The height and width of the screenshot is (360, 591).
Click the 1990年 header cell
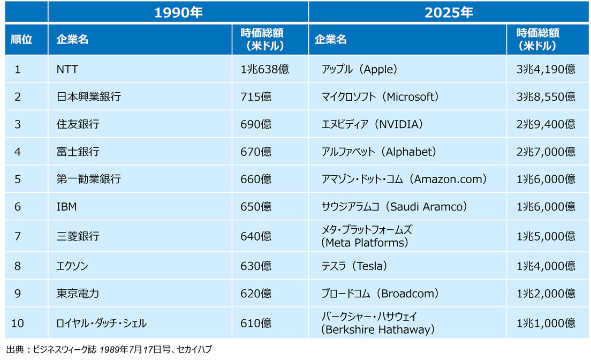point(178,12)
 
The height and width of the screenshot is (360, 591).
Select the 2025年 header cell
point(449,12)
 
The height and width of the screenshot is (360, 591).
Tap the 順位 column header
point(22,40)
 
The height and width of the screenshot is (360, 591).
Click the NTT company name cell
point(67,69)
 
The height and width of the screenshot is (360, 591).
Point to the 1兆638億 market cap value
point(264,69)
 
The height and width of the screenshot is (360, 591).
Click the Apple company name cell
point(359,69)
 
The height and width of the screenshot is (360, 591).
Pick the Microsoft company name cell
point(380,97)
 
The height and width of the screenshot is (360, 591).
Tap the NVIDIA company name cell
point(372,124)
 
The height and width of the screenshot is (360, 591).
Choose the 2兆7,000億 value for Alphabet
point(546,152)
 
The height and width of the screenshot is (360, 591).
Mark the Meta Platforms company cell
point(367,236)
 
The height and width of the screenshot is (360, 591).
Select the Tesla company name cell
point(354,266)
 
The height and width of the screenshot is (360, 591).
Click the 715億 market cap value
point(256,97)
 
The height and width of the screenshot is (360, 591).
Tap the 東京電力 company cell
point(78,294)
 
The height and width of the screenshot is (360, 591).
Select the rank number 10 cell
point(18,323)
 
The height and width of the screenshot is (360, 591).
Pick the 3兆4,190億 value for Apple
point(546,69)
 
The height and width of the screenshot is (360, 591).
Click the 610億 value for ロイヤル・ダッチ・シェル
point(256,323)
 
